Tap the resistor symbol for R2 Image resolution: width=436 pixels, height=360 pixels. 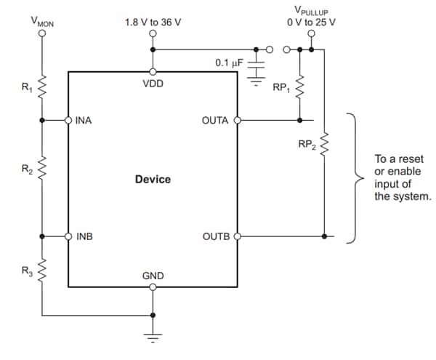point(42,171)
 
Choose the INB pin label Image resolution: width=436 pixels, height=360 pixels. point(84,236)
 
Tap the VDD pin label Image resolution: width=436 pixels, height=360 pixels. point(153,84)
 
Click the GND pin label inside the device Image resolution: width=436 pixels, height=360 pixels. point(153,276)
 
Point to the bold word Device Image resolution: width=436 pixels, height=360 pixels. point(153,179)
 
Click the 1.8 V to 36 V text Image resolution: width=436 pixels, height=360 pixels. point(153,23)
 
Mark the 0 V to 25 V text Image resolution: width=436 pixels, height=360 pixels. point(312,23)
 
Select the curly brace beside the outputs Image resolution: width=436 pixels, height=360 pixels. point(354,178)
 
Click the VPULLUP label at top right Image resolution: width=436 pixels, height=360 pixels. point(311,10)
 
